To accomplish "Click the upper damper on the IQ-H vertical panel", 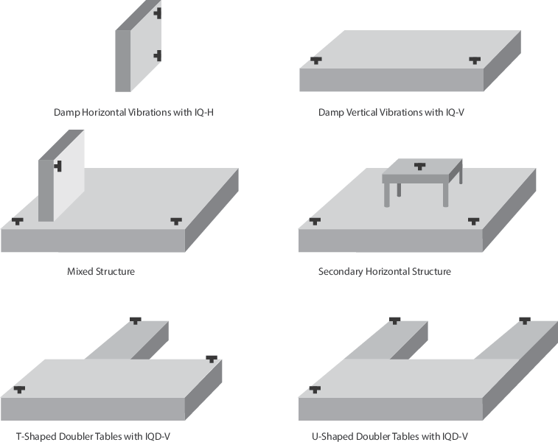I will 158,13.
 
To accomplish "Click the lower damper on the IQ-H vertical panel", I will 158,55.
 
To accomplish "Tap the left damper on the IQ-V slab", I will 316,60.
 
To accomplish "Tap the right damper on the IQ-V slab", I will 474,60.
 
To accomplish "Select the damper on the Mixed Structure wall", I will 57,166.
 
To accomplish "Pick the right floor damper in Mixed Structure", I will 176,220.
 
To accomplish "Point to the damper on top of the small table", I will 420,166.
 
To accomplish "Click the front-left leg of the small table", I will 387,195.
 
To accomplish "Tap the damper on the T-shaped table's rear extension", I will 135,320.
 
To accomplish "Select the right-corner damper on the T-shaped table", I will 212,358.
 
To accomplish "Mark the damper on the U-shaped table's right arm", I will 524,320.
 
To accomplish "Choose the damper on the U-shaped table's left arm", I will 394,320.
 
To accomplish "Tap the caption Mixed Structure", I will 101,271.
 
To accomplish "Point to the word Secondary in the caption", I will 341,271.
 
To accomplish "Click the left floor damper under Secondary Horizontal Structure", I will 315,220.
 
